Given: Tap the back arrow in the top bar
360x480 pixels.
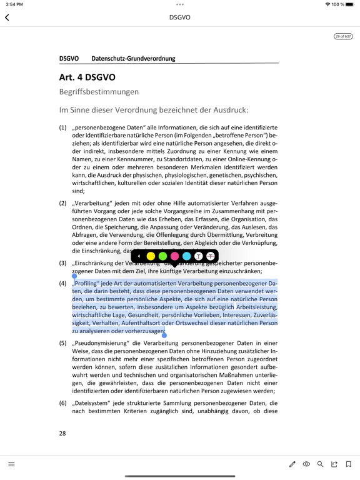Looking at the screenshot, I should (7, 17).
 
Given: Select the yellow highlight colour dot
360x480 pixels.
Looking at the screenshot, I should (151, 256).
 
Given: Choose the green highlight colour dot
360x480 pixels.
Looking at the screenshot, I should (162, 256).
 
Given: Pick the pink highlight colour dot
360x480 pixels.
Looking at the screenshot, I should (174, 256).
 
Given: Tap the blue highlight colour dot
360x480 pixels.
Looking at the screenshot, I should (186, 256).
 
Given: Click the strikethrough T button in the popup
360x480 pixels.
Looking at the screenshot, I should (211, 256).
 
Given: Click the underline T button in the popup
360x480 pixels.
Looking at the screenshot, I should (199, 256).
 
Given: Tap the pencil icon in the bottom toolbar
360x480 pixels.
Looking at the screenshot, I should (292, 464).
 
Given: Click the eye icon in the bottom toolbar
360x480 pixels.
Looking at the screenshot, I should (306, 464).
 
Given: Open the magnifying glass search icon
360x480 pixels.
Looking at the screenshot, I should (321, 464).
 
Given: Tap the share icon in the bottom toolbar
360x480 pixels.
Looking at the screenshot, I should (334, 464).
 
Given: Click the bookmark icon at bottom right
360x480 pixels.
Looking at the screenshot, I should (349, 464).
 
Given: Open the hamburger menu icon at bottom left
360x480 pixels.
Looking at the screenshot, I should (11, 464).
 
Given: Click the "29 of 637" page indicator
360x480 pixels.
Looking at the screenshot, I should (343, 36).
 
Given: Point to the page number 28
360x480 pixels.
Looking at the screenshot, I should (62, 433).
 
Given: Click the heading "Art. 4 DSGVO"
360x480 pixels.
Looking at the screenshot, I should (87, 77).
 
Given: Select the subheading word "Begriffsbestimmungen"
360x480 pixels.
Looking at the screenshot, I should (99, 92).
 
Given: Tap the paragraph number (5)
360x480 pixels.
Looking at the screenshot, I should (63, 343).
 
